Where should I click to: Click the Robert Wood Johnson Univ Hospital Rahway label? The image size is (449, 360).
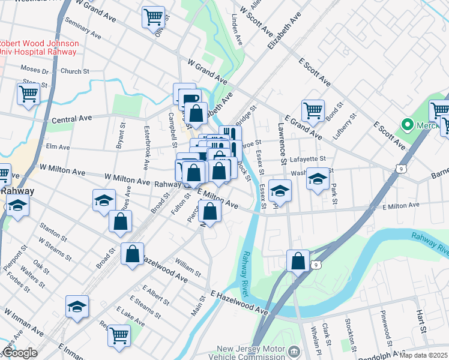38,47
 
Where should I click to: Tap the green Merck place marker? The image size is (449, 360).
408,125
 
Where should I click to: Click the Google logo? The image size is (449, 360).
20,353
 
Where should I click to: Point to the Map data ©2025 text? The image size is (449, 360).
424,355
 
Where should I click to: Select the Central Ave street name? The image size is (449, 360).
73,119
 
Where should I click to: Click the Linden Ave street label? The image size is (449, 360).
238,33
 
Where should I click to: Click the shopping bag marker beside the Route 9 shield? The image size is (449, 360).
298,261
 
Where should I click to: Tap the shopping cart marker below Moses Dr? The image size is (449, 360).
28,94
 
